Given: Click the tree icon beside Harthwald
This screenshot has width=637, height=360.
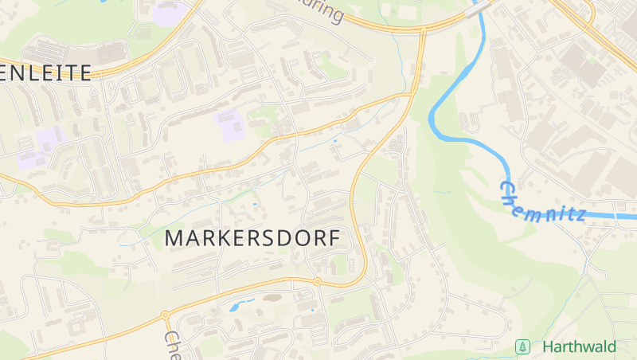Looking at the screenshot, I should [x=523, y=347].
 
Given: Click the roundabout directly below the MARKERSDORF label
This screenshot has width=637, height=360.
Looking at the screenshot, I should [x=317, y=281].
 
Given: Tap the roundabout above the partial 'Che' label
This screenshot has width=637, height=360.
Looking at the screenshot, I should [x=165, y=315].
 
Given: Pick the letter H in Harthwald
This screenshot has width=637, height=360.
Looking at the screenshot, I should [x=549, y=347].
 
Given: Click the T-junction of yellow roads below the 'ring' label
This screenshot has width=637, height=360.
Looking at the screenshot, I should [x=422, y=30].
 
